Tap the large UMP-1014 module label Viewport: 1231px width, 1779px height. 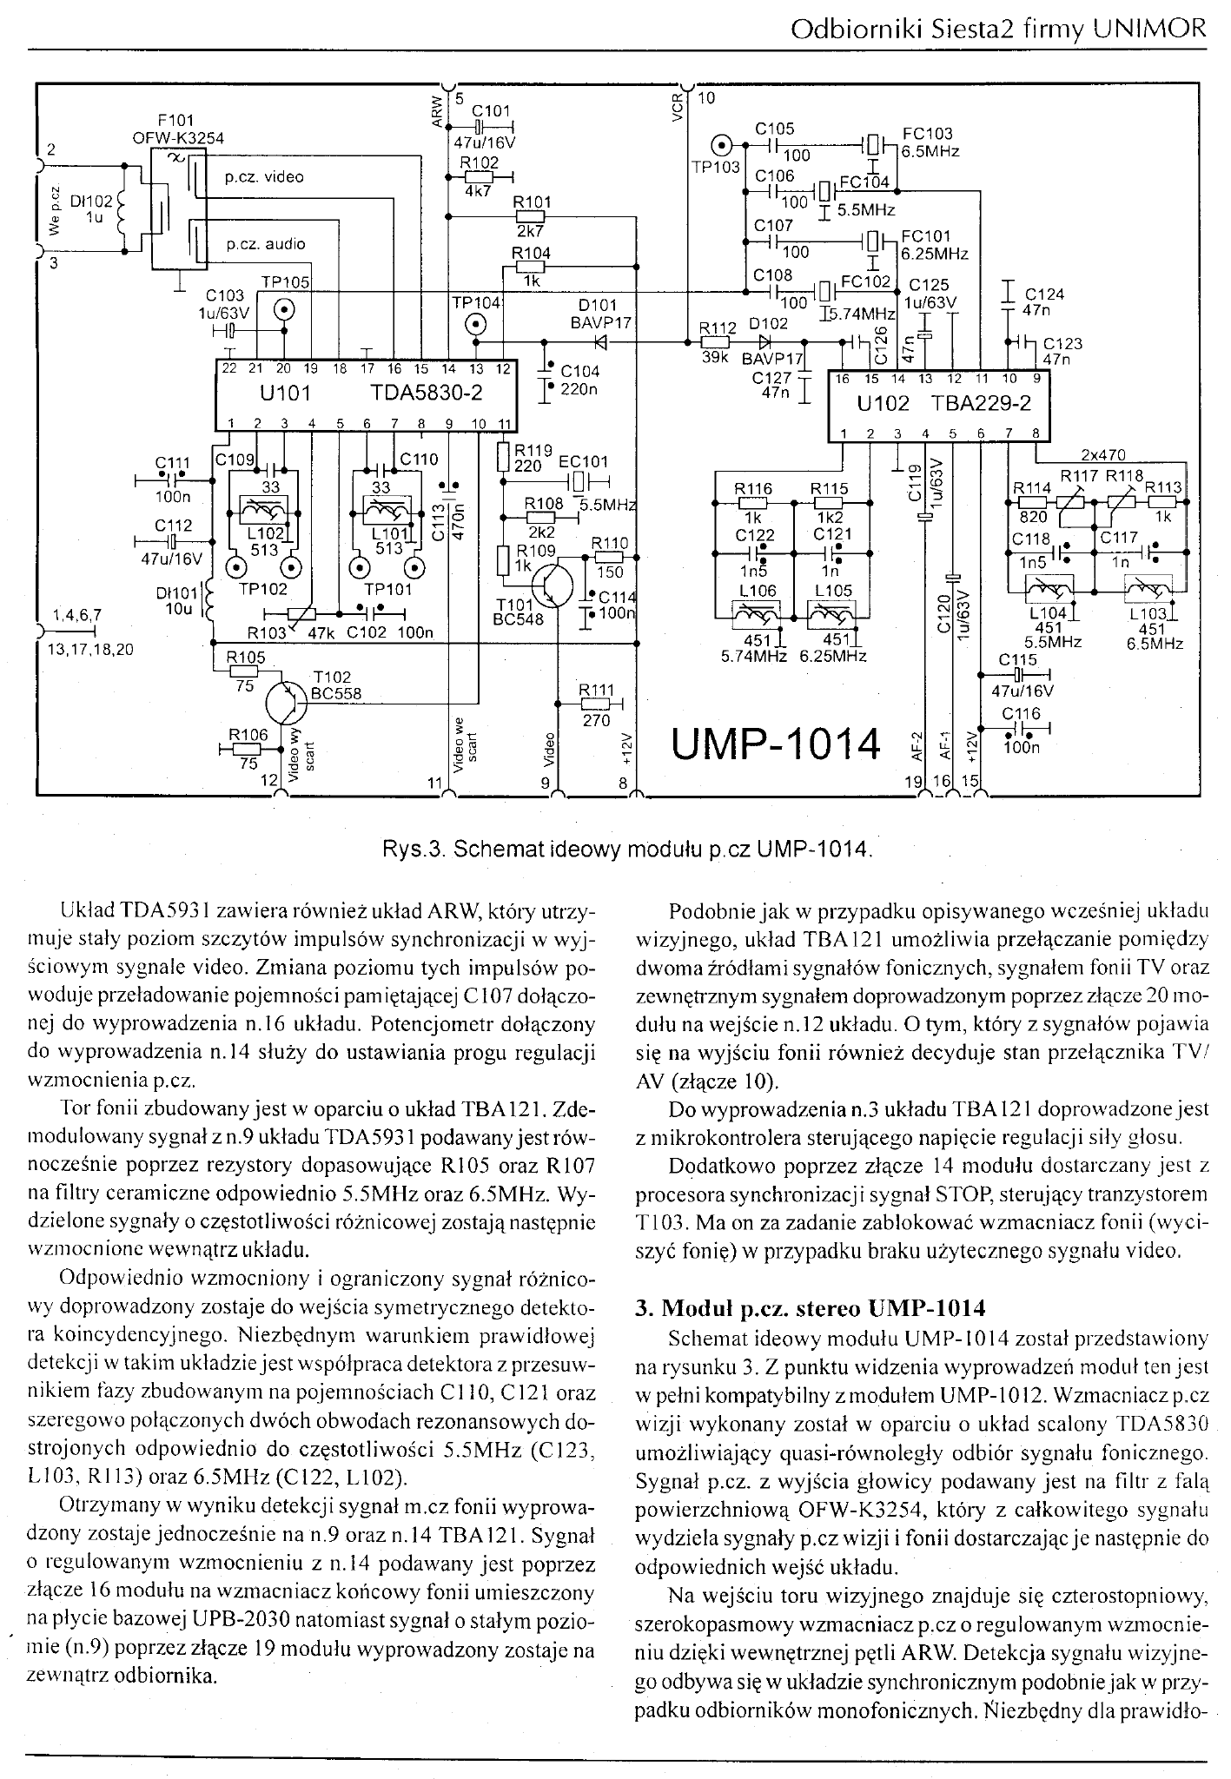[777, 744]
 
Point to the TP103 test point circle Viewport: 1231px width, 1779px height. [722, 144]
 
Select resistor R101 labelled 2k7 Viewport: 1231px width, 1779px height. [531, 216]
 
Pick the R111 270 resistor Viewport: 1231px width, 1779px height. [597, 704]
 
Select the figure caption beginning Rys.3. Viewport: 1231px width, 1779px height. [627, 847]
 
